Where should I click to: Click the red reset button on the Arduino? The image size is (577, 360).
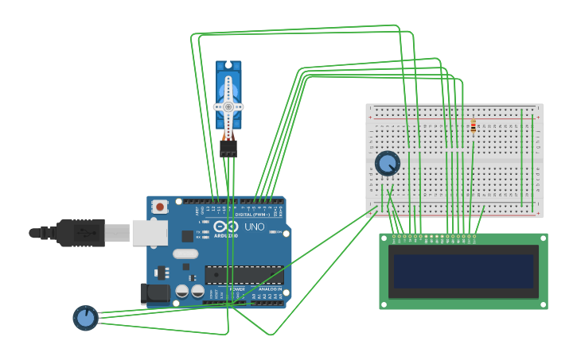point(160,207)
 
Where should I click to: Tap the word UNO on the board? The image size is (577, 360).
point(254,226)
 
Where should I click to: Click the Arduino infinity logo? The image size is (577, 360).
point(225,226)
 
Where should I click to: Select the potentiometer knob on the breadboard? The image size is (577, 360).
point(387,164)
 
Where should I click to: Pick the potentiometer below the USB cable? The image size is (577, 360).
point(85,318)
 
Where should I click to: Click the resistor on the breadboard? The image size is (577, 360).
point(473,126)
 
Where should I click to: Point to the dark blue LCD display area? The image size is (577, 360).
point(463,271)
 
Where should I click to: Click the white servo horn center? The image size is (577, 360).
point(228,106)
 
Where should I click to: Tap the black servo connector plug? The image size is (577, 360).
point(228,149)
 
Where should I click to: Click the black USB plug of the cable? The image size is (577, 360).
point(80,232)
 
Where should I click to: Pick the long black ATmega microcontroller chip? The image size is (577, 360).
point(244,275)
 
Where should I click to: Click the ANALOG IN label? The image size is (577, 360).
point(268,289)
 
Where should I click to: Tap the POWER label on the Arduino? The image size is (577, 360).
point(237,289)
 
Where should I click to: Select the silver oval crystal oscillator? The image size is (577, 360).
point(185,254)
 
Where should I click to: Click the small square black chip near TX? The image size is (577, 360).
point(188,236)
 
